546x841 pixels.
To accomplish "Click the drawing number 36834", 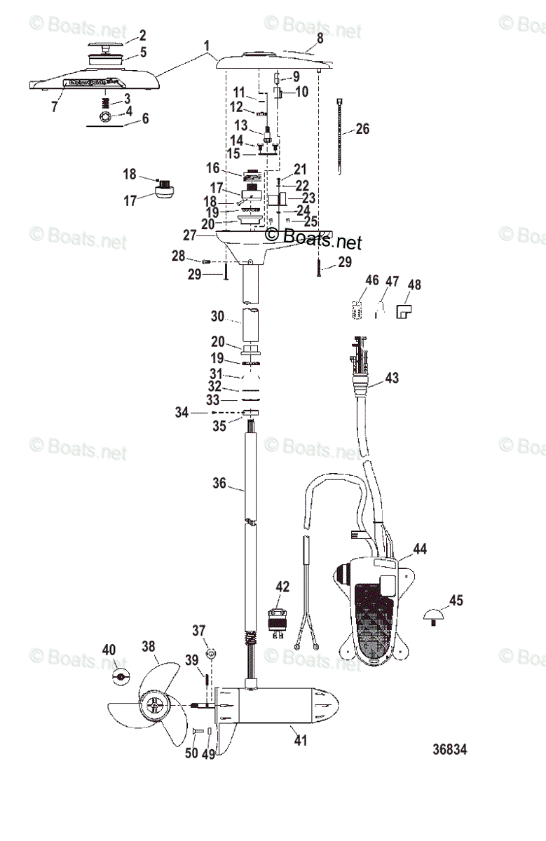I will point(449,750).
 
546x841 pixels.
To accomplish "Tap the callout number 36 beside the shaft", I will point(219,483).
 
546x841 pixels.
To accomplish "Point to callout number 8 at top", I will point(320,39).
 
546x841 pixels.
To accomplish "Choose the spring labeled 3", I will point(107,102).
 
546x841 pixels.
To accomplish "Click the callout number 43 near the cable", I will point(393,378).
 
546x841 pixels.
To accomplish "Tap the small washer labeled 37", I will point(210,653).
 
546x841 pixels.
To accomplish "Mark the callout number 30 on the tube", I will point(217,316).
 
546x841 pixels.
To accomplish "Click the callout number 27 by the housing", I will point(190,236).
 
